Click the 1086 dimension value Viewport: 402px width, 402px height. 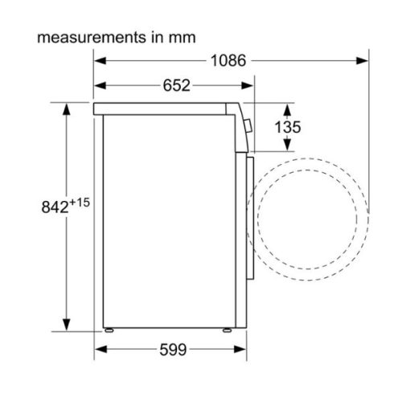(228, 60)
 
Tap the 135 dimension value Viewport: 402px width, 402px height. (291, 125)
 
